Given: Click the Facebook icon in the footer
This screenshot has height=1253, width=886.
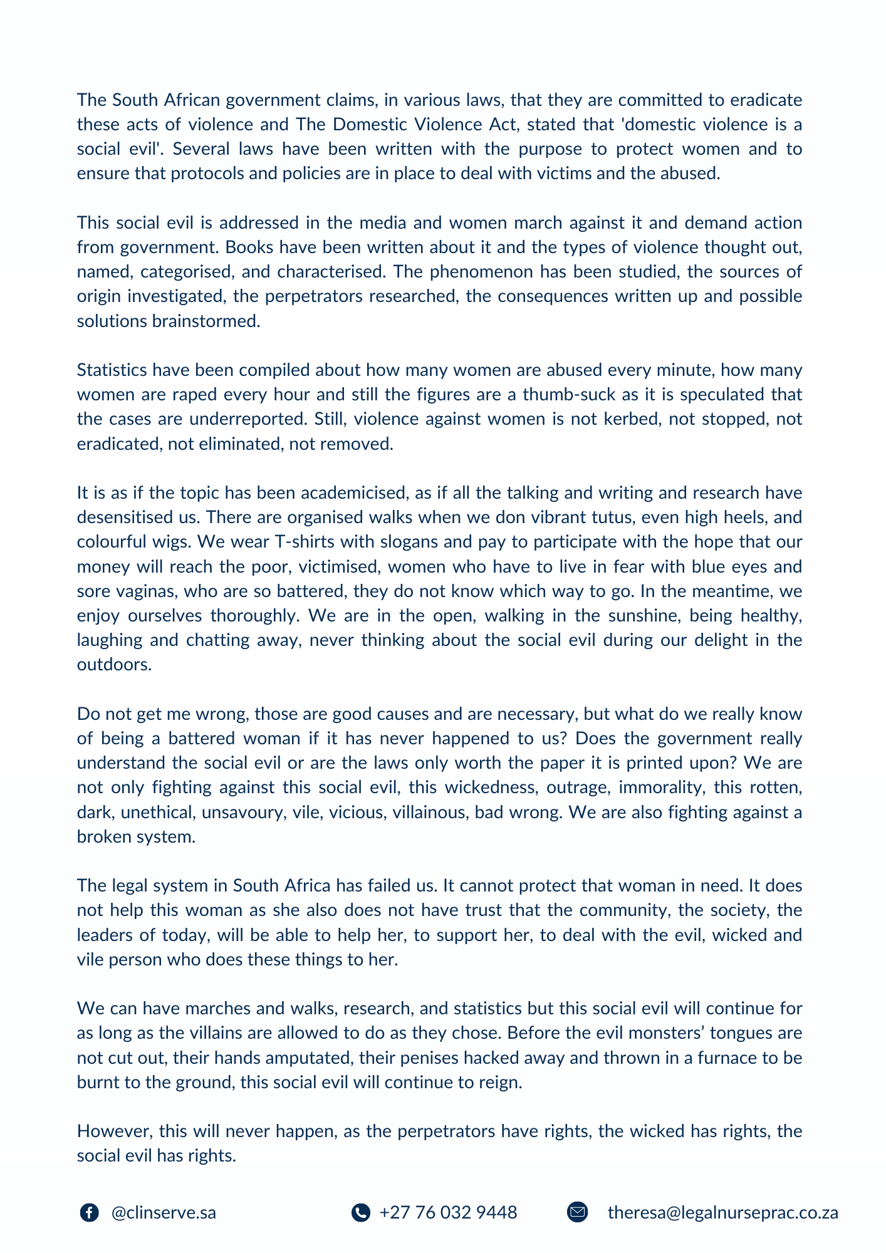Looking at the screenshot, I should point(90,1212).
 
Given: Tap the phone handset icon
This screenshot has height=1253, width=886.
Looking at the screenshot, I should point(360,1212).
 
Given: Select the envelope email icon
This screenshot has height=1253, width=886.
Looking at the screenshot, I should point(577,1212).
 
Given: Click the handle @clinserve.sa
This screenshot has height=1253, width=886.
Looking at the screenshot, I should point(164,1212).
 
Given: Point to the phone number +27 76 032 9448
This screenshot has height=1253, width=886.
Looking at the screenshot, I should point(448,1212).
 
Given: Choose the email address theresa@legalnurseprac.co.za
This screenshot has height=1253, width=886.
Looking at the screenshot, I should point(722,1212).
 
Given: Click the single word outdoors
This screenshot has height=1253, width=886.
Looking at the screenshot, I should point(114,664).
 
